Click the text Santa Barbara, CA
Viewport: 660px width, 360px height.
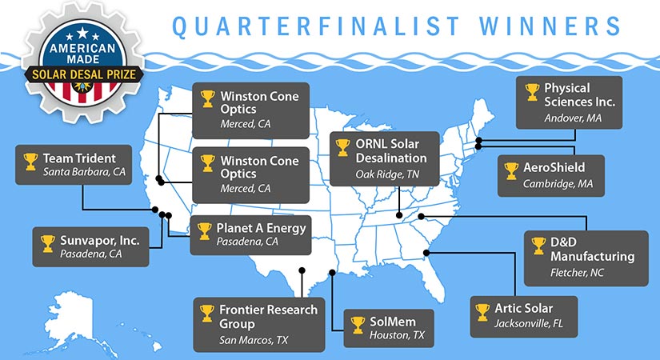85,172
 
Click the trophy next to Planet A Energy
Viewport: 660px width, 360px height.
204,231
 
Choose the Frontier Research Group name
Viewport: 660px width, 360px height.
269,317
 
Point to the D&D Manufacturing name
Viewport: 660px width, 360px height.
590,249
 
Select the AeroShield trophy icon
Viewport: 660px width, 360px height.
511,170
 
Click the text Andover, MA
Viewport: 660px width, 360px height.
573,117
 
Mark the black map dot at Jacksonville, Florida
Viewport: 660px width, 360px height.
426,253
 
